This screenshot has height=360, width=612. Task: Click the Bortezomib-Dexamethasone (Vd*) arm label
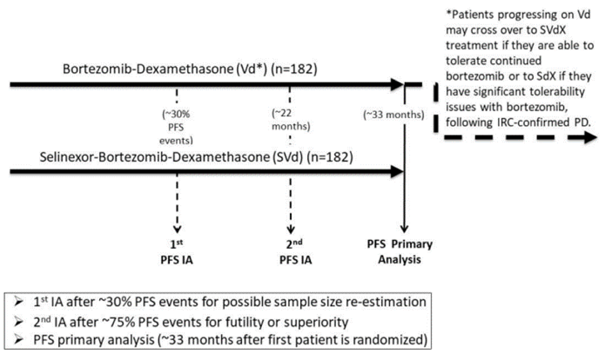tap(190, 69)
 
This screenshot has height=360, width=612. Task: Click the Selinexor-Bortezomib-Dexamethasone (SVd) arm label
tap(196, 157)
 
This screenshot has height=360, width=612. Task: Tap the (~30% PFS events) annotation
tap(176, 127)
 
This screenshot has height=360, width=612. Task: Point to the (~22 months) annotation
tap(290, 120)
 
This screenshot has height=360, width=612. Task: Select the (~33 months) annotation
tap(394, 115)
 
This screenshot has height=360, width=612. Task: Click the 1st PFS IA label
tap(176, 252)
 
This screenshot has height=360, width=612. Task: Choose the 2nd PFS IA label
tap(295, 252)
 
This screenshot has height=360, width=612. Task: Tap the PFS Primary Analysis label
tap(400, 252)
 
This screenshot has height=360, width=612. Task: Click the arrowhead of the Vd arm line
tap(397, 84)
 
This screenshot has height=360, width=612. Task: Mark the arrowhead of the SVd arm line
tap(397, 172)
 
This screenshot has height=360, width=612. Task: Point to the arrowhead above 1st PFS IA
tap(177, 229)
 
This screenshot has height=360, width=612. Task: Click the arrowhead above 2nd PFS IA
tap(291, 229)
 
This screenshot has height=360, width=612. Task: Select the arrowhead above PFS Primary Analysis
tap(404, 229)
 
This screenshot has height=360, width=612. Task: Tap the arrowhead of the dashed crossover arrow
tap(589, 138)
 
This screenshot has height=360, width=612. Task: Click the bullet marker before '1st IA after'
tap(19, 302)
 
